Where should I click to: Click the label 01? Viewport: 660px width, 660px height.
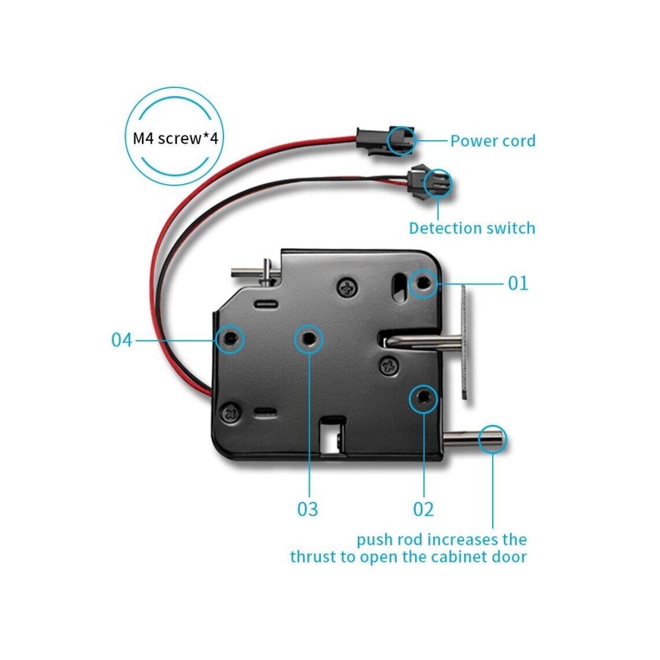pyautogui.click(x=518, y=283)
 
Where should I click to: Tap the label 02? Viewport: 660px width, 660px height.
pyautogui.click(x=423, y=509)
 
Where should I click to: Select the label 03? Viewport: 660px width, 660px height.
pyautogui.click(x=307, y=509)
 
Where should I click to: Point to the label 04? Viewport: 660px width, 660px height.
pyautogui.click(x=122, y=340)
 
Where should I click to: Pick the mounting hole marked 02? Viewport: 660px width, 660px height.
pyautogui.click(x=423, y=398)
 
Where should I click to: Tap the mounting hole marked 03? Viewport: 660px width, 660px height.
pyautogui.click(x=309, y=339)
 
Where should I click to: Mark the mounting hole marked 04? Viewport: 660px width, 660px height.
pyautogui.click(x=230, y=339)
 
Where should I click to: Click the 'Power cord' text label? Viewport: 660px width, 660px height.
pyautogui.click(x=493, y=141)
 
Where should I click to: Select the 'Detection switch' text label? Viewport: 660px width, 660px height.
pyautogui.click(x=472, y=228)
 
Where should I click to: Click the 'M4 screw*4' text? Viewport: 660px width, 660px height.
pyautogui.click(x=175, y=138)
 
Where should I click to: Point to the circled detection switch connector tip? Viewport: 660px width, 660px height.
pyautogui.click(x=438, y=184)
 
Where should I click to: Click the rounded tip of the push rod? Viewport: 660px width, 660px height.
pyautogui.click(x=493, y=439)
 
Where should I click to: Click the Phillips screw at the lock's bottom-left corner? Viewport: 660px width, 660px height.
pyautogui.click(x=231, y=412)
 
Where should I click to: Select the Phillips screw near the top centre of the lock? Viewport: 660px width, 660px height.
pyautogui.click(x=348, y=288)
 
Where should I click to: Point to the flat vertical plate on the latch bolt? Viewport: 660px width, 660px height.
pyautogui.click(x=464, y=343)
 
